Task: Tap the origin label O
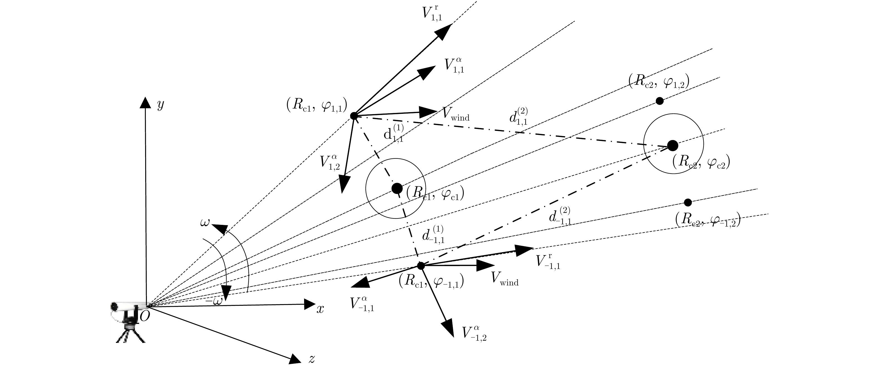point(144,317)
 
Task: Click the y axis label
point(160,105)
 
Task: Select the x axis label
point(320,309)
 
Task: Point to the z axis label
point(311,359)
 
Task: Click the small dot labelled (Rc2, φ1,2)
point(659,101)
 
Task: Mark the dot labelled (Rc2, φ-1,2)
point(688,203)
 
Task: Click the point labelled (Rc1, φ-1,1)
point(421,266)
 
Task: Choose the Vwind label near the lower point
point(505,279)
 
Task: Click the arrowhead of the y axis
point(145,102)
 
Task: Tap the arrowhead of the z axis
point(295,359)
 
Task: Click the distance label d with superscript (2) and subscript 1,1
point(518,117)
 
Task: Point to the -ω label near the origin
point(214,301)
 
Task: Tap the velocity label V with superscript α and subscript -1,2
point(474,334)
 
